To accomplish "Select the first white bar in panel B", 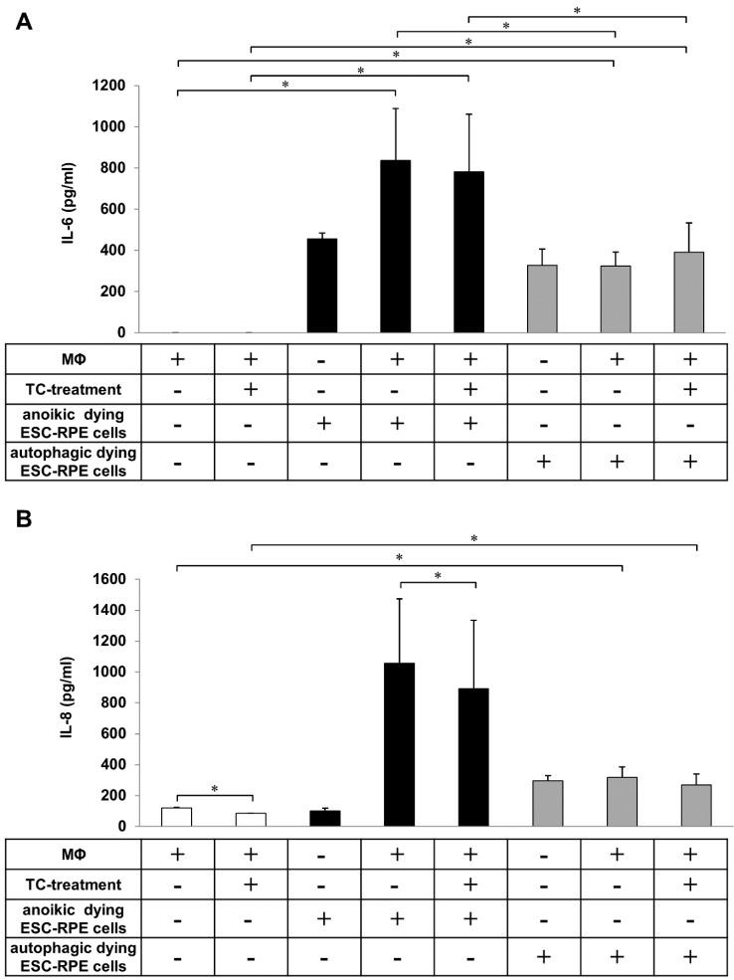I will (x=176, y=817).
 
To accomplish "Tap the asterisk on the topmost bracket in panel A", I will (x=577, y=11).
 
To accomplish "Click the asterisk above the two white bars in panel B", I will (x=215, y=789).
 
